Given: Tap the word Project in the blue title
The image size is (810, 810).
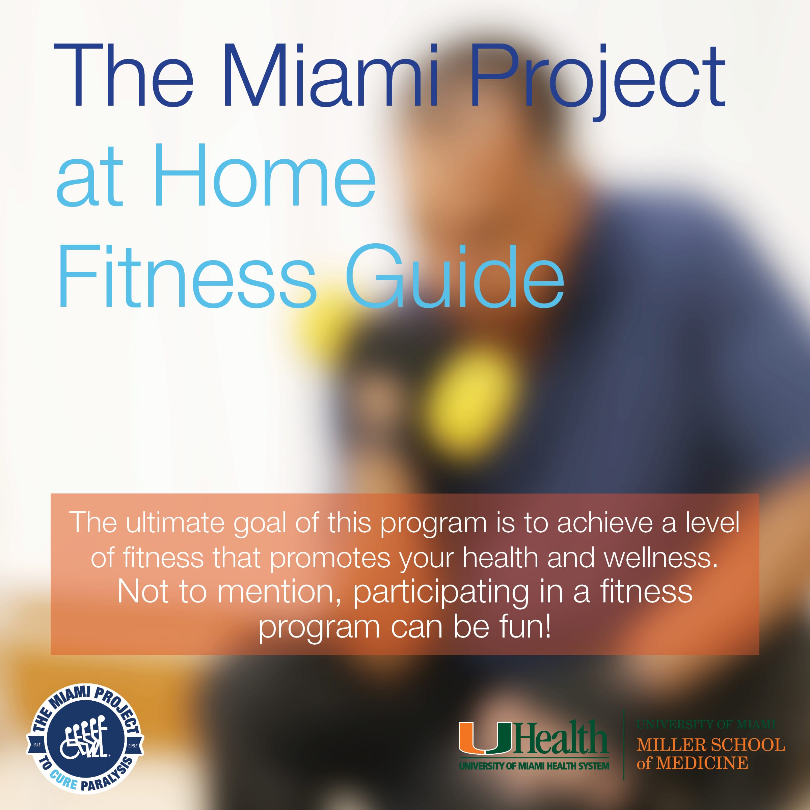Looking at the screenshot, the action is (597, 82).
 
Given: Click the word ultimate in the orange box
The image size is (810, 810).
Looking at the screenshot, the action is (175, 523).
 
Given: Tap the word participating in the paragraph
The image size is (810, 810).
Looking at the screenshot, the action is (441, 592).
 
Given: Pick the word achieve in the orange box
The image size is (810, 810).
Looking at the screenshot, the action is (604, 523).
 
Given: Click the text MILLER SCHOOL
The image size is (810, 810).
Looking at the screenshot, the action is (711, 745).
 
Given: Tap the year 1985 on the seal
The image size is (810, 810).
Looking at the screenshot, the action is (133, 746).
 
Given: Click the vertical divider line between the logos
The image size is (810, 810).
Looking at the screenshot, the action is (623, 745).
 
